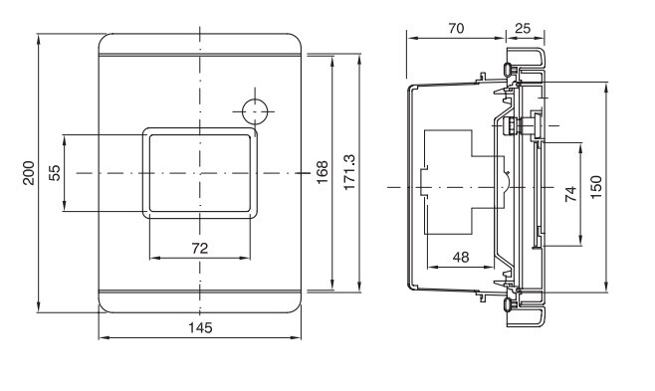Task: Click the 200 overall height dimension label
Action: (x=29, y=173)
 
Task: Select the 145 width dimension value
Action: (x=200, y=327)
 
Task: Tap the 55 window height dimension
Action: (x=55, y=173)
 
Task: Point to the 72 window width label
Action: (x=200, y=249)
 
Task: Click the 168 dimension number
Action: (x=323, y=172)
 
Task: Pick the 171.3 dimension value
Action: (x=349, y=172)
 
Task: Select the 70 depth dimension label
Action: (x=456, y=28)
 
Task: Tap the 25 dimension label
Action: (x=523, y=28)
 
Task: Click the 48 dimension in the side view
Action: (x=461, y=257)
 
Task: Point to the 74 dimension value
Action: (x=570, y=194)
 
